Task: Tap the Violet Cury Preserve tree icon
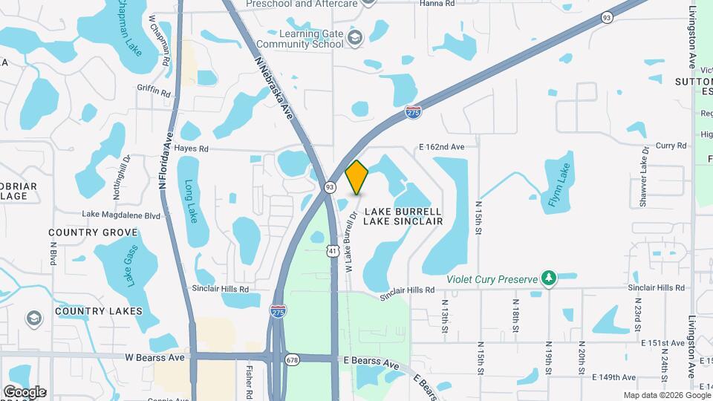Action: coord(549,278)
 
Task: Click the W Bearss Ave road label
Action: coord(154,357)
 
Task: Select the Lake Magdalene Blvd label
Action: coord(121,215)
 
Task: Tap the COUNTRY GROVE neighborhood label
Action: coord(93,232)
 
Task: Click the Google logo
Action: coord(25,391)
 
